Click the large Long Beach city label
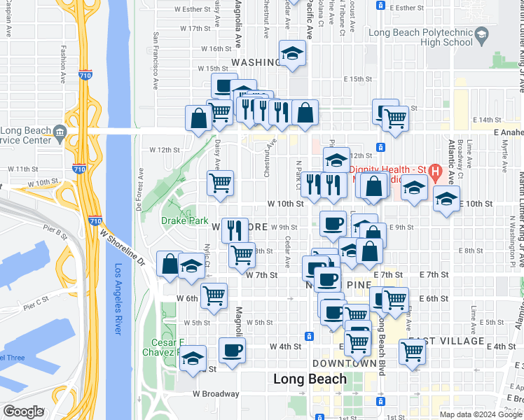[310, 379]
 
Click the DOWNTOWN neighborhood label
[345, 364]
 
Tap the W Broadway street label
[216, 393]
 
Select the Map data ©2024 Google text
[480, 414]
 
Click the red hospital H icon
[435, 170]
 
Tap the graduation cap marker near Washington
[292, 53]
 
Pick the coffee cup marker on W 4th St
[232, 351]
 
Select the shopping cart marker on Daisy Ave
[220, 183]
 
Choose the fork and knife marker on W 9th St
[234, 230]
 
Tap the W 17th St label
[195, 29]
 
